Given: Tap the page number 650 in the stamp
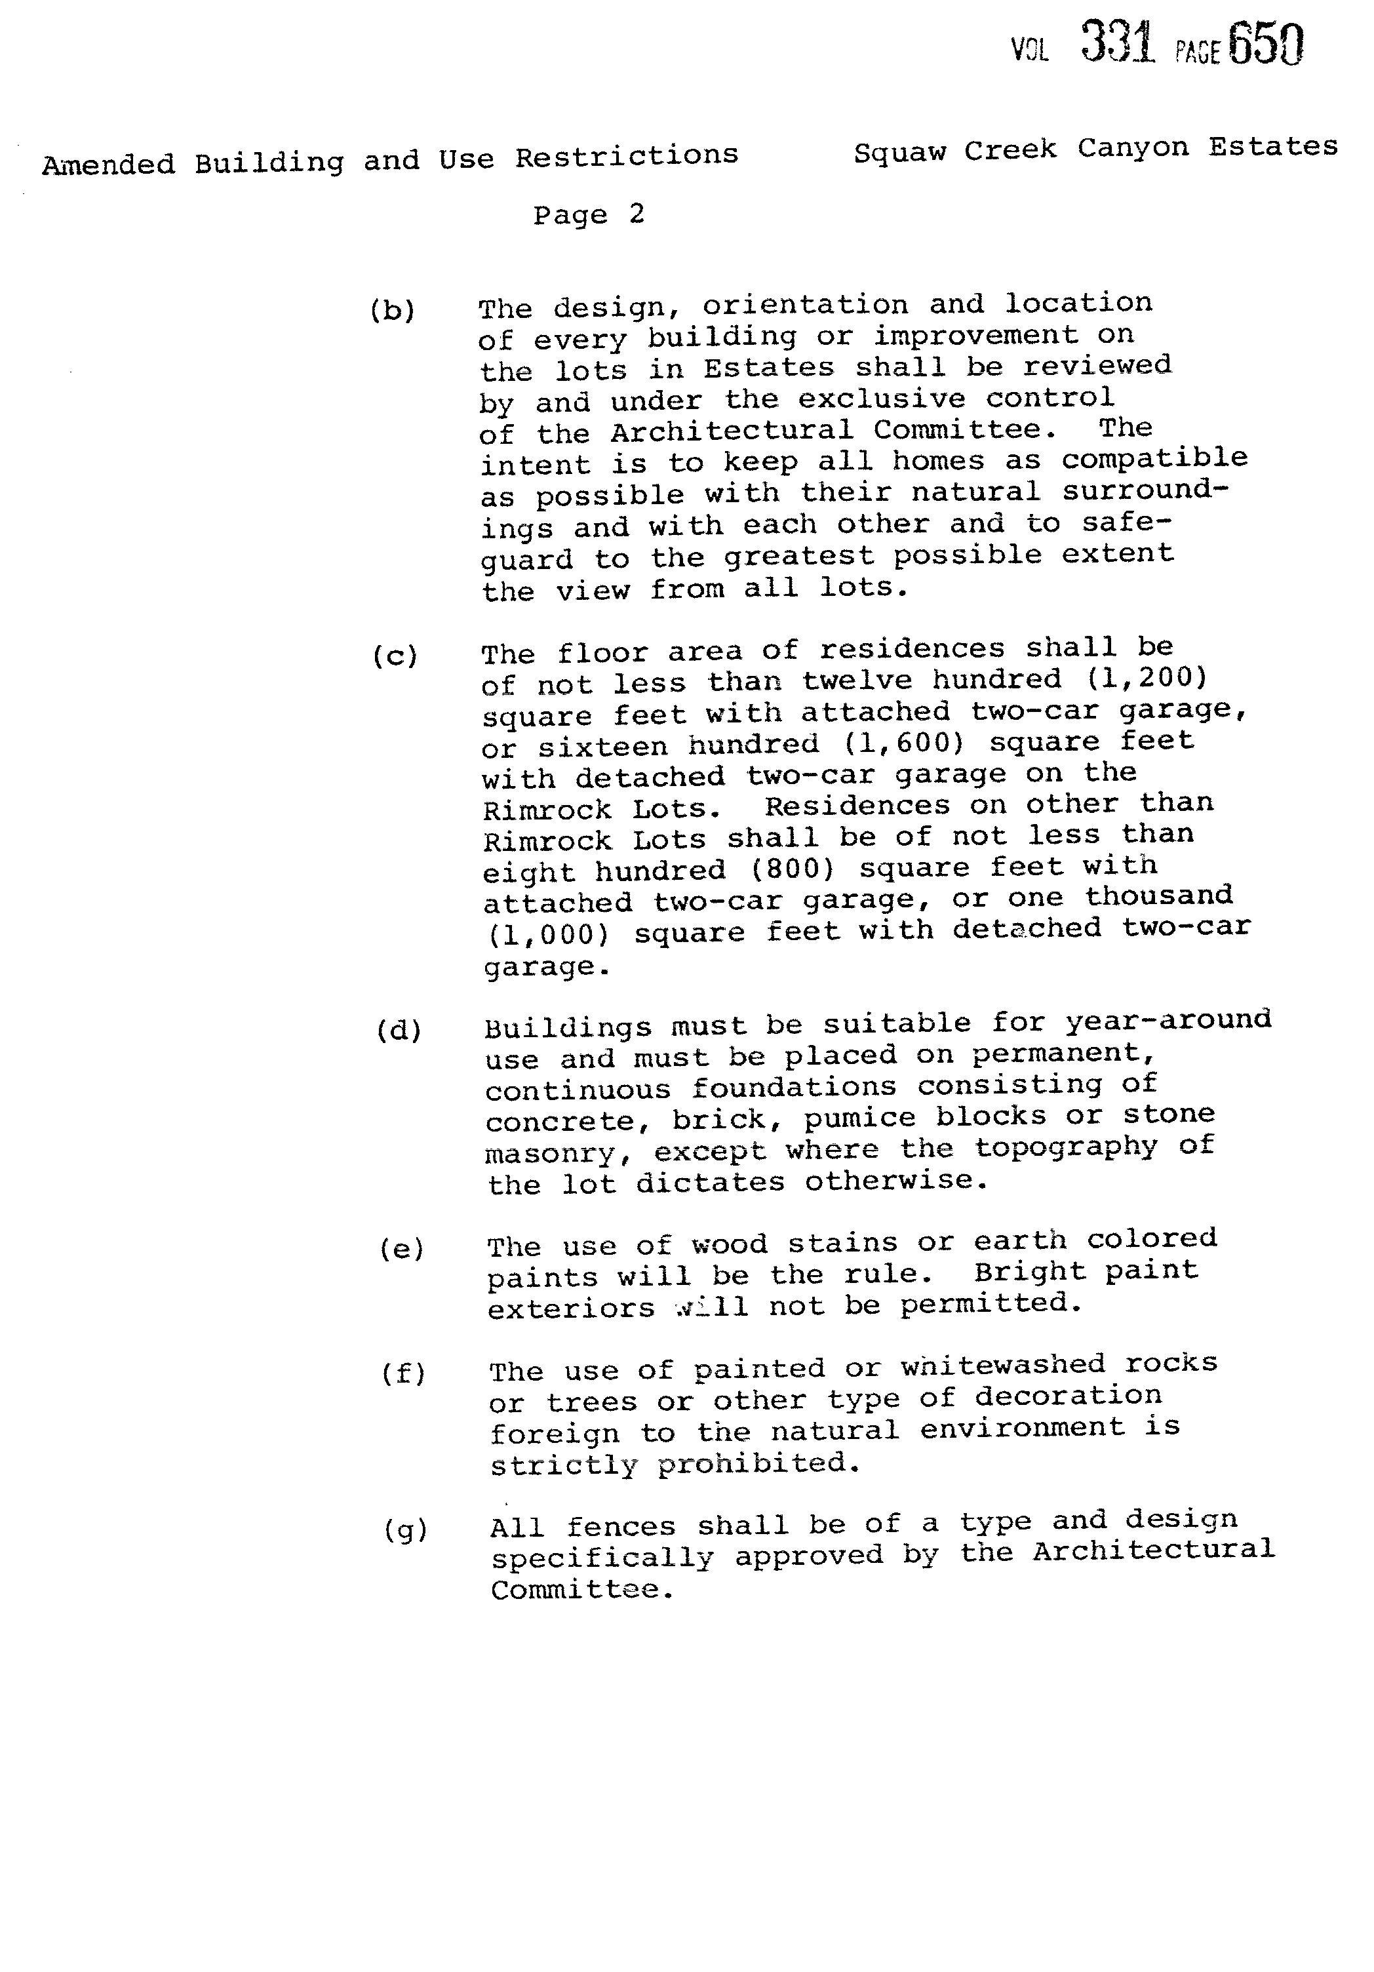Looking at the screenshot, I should pyautogui.click(x=1266, y=45).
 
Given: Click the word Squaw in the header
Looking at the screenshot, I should pyautogui.click(x=899, y=152).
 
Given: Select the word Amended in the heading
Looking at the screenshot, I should pyautogui.click(x=108, y=163).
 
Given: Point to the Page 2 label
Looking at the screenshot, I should pyautogui.click(x=588, y=215).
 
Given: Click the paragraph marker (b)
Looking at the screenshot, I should pyautogui.click(x=393, y=310).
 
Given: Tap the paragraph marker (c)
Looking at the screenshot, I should pyautogui.click(x=395, y=657).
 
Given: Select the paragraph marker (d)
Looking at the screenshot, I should pyautogui.click(x=399, y=1031).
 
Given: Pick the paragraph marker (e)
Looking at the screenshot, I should pyautogui.click(x=402, y=1249).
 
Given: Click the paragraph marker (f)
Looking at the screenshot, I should pyautogui.click(x=404, y=1373).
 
